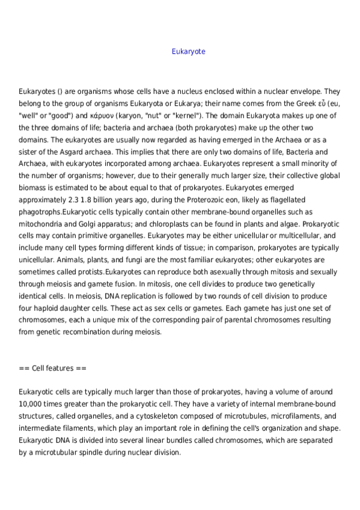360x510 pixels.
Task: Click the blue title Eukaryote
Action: point(188,52)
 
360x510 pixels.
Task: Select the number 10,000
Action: point(34,404)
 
